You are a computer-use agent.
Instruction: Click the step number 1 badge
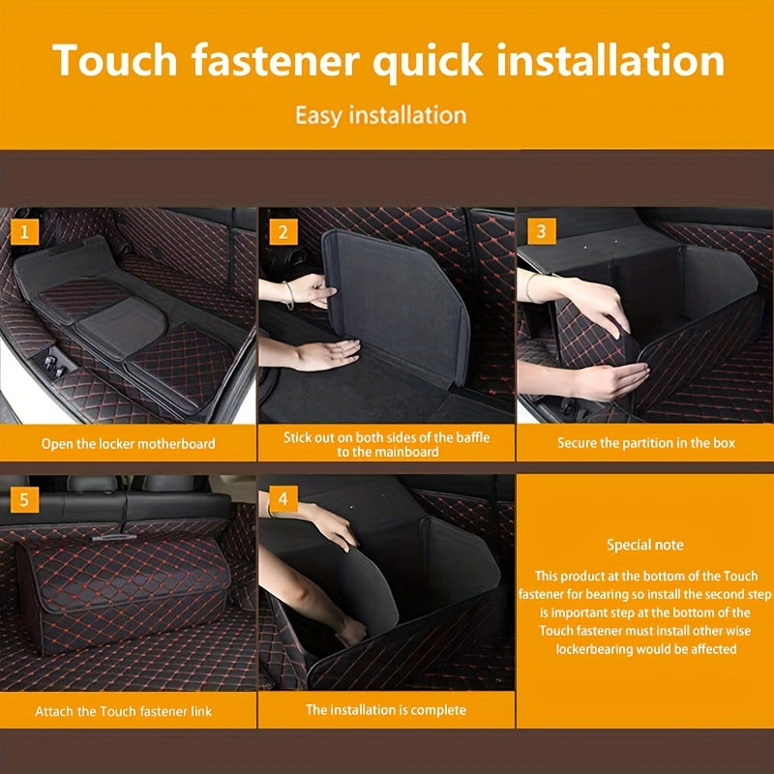(24, 231)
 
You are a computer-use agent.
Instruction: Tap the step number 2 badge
(283, 231)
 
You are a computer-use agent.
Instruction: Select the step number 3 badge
(542, 231)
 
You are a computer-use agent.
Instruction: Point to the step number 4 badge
(283, 498)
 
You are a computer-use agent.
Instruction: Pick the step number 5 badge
(24, 499)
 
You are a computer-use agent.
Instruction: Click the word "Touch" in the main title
(115, 60)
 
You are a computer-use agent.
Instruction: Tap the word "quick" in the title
(428, 62)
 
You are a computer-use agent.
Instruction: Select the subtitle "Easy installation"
(381, 115)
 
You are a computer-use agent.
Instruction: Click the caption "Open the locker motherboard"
(129, 444)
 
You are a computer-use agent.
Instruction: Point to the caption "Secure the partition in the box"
(646, 443)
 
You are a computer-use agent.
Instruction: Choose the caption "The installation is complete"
(386, 710)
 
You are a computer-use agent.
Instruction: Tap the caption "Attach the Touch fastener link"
(124, 711)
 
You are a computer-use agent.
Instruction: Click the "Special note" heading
(645, 545)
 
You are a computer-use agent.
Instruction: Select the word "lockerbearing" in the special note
(596, 649)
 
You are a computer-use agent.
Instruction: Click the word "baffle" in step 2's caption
(472, 437)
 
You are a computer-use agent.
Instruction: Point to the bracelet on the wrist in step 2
(289, 295)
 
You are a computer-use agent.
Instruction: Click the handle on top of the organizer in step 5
(114, 537)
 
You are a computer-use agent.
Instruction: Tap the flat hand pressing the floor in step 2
(326, 353)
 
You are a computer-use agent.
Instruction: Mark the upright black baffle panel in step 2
(395, 306)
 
